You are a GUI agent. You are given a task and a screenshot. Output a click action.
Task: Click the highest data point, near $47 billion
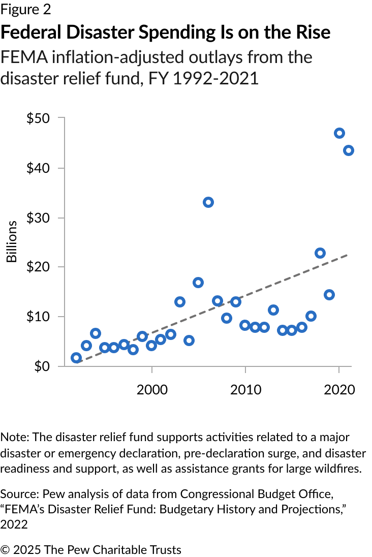coord(339,133)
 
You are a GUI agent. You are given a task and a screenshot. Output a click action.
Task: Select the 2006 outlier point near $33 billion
coord(208,202)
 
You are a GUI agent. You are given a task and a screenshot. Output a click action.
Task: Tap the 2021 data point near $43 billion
coord(349,150)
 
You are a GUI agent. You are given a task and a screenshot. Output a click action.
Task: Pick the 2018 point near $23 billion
coord(320,253)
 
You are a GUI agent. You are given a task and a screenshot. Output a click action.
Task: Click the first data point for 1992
coord(76,358)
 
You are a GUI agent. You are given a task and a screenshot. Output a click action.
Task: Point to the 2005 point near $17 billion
coord(198,283)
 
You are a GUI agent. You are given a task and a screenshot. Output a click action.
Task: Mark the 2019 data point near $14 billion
coord(329,295)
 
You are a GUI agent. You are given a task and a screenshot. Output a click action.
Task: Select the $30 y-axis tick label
coord(38,218)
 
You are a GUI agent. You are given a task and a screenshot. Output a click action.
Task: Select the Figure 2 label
coord(26,10)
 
